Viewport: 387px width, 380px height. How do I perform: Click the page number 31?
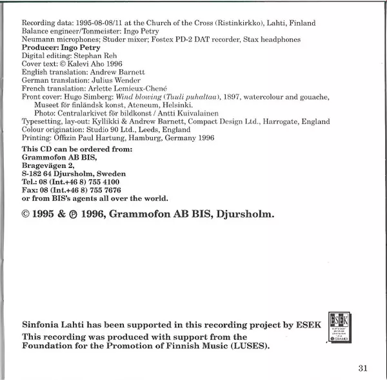pos(361,368)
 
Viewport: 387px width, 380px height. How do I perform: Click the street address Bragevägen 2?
pos(51,165)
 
